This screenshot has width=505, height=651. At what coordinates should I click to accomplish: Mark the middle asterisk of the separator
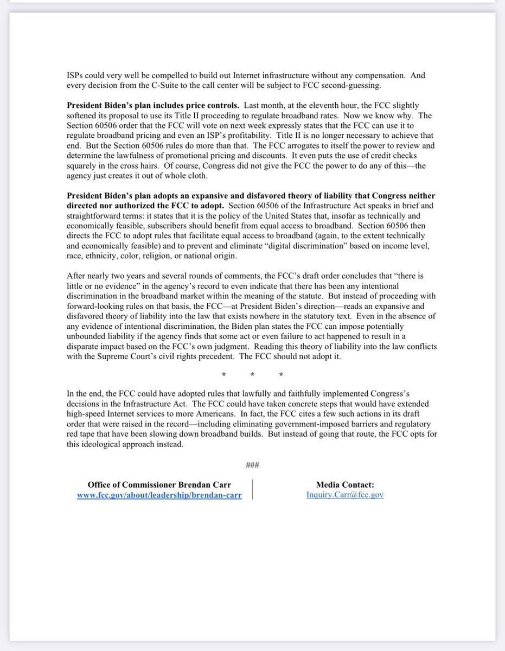tap(253, 375)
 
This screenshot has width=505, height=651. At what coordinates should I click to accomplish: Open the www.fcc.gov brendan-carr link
tap(159, 495)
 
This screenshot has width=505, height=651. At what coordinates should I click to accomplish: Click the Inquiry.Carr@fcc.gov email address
tap(345, 495)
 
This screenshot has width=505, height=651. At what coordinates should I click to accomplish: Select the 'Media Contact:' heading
tap(345, 486)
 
